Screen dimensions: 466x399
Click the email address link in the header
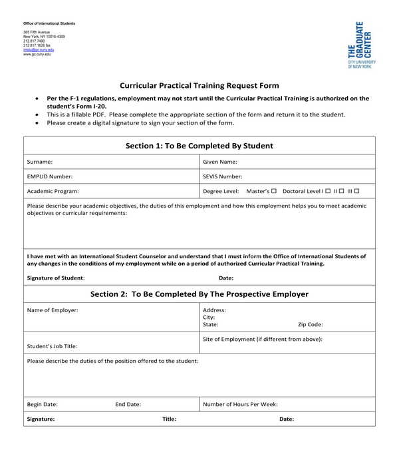[39, 50]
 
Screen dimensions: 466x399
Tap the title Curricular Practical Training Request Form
[199, 85]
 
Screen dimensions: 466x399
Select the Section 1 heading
[199, 146]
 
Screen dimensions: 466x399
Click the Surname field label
[40, 162]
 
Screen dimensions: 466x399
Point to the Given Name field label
[220, 162]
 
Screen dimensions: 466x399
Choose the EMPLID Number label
[50, 176]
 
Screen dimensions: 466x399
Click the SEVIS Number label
[223, 176]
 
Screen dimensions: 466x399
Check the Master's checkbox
[275, 191]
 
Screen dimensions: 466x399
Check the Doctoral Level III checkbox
[357, 191]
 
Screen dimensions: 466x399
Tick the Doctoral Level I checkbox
[329, 191]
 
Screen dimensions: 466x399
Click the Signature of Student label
[56, 278]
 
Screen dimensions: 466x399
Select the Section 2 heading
[199, 294]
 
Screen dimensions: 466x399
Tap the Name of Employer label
[53, 310]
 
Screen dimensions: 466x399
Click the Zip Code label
[311, 325]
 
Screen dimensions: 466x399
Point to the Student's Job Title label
[53, 346]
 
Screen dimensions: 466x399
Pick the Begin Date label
[42, 404]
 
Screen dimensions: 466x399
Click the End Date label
[128, 404]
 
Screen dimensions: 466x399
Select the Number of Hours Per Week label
[240, 404]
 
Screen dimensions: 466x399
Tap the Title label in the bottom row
[170, 419]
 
